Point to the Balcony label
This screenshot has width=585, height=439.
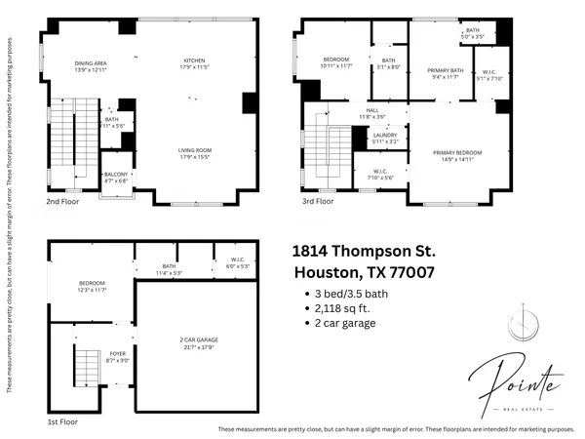click(116, 178)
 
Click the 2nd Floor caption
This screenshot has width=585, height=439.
click(63, 202)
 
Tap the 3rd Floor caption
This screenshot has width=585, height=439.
click(317, 202)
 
